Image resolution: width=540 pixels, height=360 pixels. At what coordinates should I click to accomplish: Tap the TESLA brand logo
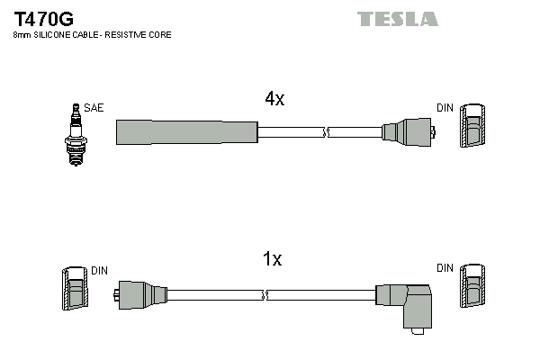click(x=397, y=19)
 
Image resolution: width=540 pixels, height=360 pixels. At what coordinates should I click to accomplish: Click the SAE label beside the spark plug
click(x=94, y=108)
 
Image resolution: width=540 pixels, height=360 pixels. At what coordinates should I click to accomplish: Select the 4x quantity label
click(x=274, y=100)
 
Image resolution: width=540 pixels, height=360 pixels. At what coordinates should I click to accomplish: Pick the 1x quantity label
click(x=272, y=259)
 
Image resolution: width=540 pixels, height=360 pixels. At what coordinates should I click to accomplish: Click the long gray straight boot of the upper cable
click(x=187, y=132)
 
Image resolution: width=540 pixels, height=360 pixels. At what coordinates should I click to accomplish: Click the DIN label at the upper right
click(x=445, y=108)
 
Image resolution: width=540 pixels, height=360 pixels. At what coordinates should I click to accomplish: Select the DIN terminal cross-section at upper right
click(x=472, y=127)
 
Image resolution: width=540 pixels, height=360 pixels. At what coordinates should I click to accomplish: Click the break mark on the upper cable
click(x=326, y=132)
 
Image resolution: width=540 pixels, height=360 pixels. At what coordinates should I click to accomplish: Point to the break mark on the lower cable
click(x=265, y=294)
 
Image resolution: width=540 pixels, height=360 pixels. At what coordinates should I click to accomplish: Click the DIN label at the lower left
click(x=99, y=269)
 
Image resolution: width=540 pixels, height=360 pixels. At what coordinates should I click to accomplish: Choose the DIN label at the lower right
click(x=445, y=268)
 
